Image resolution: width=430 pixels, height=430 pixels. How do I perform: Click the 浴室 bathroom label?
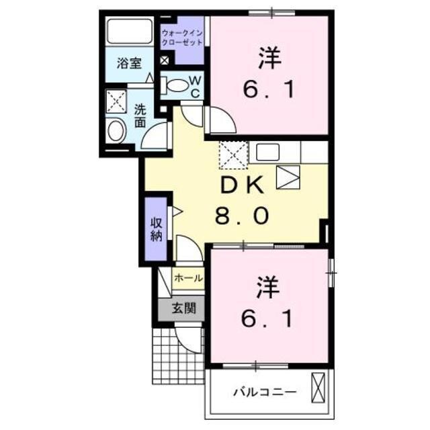(129, 64)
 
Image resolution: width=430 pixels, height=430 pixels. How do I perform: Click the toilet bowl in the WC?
(177, 85)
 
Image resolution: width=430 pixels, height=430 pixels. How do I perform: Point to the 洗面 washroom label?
(140, 116)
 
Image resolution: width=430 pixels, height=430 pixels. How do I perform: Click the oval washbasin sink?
(116, 130)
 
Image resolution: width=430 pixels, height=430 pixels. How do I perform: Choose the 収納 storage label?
(156, 228)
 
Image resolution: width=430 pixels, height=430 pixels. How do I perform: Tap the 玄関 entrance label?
(182, 308)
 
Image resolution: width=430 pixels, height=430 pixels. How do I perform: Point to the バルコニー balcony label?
(264, 391)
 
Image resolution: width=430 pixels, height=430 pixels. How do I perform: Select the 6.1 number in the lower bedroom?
(268, 319)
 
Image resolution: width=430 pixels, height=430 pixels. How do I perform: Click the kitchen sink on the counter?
(267, 152)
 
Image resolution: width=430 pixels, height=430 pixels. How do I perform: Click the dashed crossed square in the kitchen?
(234, 156)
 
